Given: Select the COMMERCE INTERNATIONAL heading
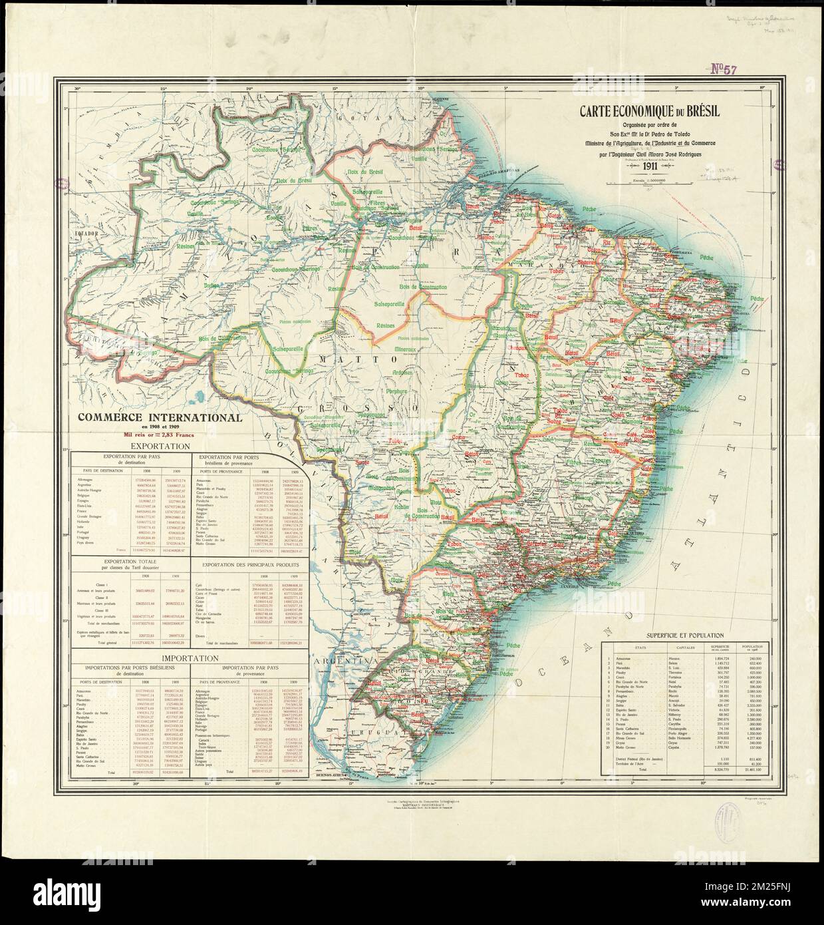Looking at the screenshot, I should (x=159, y=418).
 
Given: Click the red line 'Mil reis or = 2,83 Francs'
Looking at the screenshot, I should (x=159, y=434).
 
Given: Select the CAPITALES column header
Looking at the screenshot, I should (x=648, y=647).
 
